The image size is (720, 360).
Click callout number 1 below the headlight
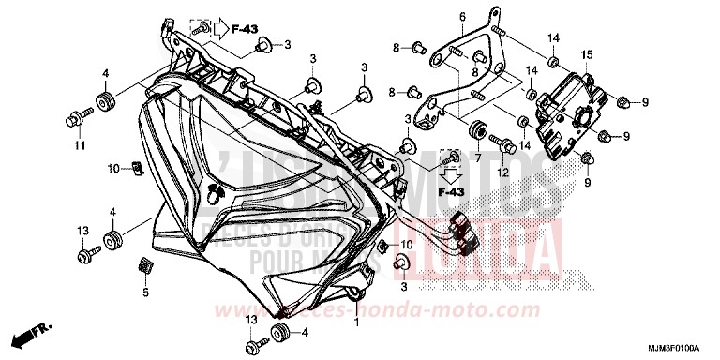point(356,322)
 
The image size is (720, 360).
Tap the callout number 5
point(145,293)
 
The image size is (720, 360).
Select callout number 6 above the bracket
point(462,18)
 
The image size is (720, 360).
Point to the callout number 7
point(477,158)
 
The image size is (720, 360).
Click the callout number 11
point(77,147)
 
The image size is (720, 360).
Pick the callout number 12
point(502,174)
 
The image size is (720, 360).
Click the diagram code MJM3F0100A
point(673,348)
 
